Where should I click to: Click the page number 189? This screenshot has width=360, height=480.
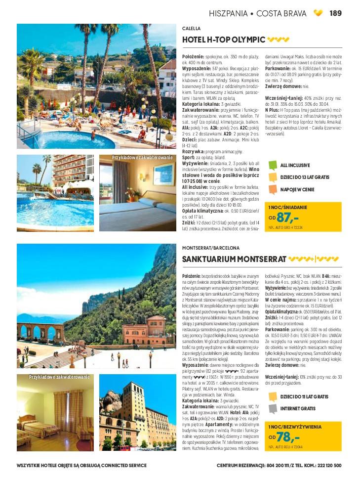coord(336,13)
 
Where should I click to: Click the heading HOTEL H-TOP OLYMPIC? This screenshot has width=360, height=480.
coord(224,40)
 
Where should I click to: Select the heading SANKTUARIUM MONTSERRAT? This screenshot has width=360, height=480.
coord(234,259)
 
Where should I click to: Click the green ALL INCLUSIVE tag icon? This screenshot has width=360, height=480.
coord(273,166)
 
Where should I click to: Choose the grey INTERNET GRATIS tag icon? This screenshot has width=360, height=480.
coord(273,409)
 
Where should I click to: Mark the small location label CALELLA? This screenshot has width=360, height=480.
coord(192,29)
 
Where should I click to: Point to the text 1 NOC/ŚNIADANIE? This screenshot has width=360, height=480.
coord(288,207)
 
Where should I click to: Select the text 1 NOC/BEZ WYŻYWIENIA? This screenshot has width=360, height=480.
coord(295,427)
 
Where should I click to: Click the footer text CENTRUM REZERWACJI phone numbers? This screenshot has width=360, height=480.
coord(279,465)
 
